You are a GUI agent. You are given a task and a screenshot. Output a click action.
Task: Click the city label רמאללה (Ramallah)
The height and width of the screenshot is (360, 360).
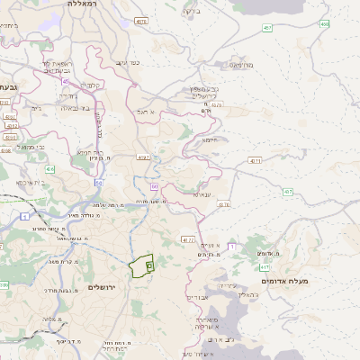point(85,4)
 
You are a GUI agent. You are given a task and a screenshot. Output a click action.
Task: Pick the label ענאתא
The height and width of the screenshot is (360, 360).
point(202,193)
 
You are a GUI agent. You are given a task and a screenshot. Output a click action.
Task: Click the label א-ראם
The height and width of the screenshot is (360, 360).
point(147,112)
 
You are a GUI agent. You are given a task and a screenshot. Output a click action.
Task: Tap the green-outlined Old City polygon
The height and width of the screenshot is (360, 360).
point(141,267)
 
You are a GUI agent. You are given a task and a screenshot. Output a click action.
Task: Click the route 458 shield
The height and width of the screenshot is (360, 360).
point(324,24)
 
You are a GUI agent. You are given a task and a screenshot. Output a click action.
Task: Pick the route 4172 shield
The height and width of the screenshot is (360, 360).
point(187,240)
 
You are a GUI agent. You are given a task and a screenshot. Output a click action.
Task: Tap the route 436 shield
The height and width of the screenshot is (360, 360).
point(50,168)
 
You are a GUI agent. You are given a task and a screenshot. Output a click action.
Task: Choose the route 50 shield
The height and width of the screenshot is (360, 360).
point(98,182)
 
